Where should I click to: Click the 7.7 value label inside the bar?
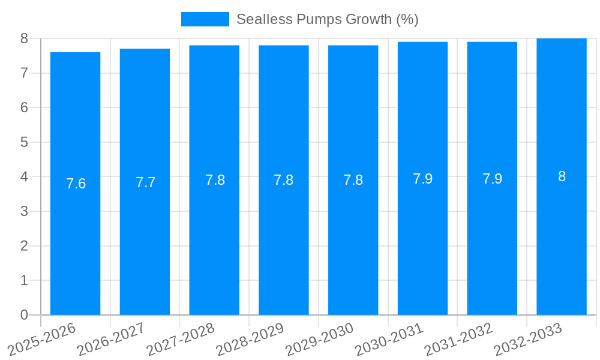(145, 183)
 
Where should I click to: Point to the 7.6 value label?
(76, 184)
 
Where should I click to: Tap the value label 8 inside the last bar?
(562, 176)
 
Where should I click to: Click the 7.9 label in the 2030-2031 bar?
(422, 179)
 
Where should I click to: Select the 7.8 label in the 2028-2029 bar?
(284, 180)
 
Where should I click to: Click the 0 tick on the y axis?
(24, 315)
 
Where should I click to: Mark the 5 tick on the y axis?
(24, 142)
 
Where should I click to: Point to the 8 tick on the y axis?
(24, 38)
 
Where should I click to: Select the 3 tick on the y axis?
(24, 211)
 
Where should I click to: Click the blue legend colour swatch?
(205, 19)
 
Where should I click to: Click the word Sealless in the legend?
(259, 19)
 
